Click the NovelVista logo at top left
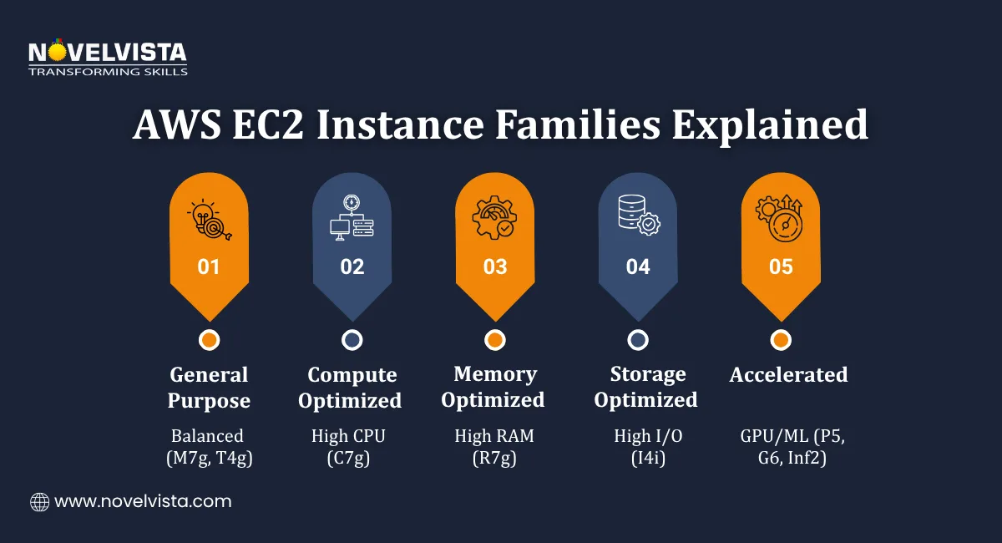click(107, 58)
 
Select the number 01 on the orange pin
click(209, 266)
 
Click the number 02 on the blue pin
click(352, 266)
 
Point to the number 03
click(495, 266)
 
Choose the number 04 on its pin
click(638, 266)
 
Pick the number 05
click(781, 266)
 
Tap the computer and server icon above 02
click(352, 219)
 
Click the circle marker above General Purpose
click(209, 340)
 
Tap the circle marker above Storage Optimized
click(638, 340)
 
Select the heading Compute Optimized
click(350, 388)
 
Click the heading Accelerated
click(788, 375)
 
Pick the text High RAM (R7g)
click(494, 446)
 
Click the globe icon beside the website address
click(39, 502)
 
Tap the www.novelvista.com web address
click(143, 502)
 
